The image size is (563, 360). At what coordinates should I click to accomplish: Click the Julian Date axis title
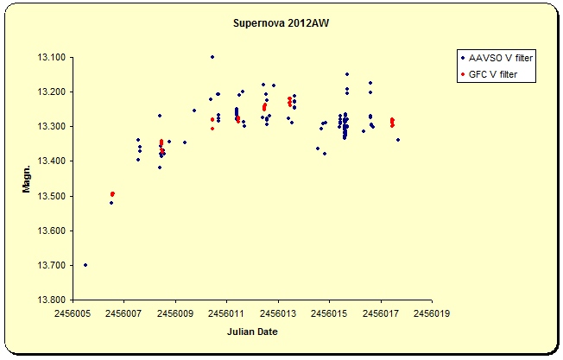click(x=252, y=332)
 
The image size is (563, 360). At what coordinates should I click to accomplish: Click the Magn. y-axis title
click(x=28, y=178)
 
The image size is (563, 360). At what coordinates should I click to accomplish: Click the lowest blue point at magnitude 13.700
click(x=85, y=265)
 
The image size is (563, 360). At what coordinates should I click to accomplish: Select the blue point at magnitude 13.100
click(x=212, y=57)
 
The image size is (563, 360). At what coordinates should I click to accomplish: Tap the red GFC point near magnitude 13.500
click(x=112, y=194)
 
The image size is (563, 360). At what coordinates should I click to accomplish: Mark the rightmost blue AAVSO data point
click(x=397, y=140)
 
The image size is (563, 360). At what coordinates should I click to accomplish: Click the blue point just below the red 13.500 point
click(x=111, y=203)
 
